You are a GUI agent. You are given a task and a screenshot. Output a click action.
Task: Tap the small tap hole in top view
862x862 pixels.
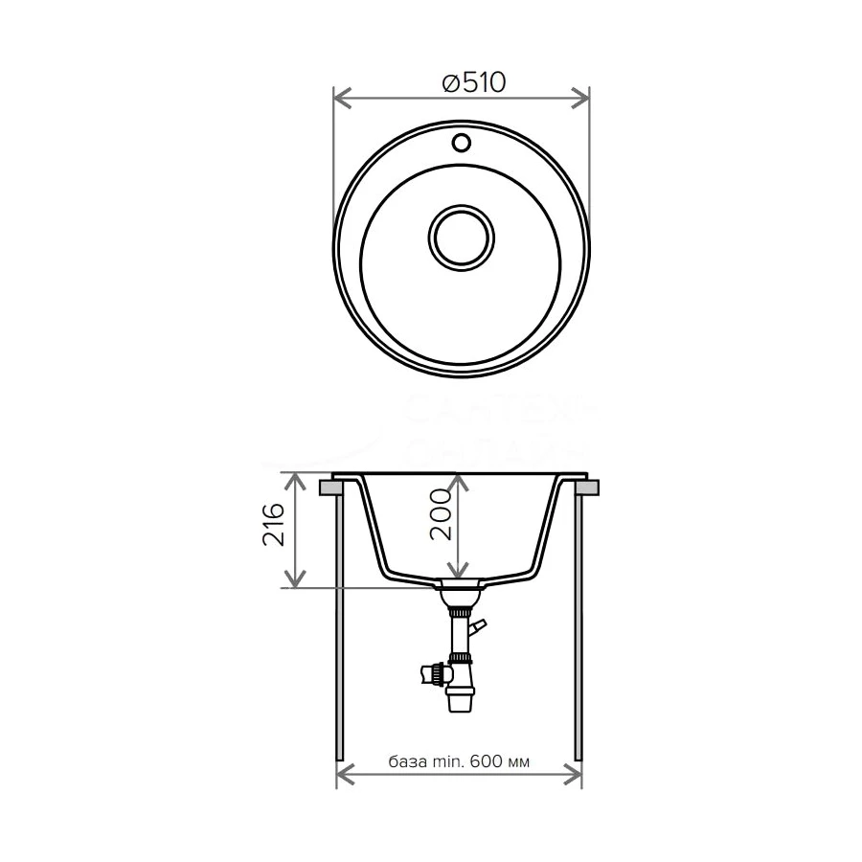pyautogui.click(x=462, y=144)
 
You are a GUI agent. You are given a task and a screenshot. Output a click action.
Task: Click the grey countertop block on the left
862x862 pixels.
pyautogui.click(x=330, y=488)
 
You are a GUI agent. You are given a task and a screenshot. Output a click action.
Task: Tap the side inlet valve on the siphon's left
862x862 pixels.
pyautogui.click(x=430, y=674)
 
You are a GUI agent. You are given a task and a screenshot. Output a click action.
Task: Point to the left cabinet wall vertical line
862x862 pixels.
pyautogui.click(x=338, y=623)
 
